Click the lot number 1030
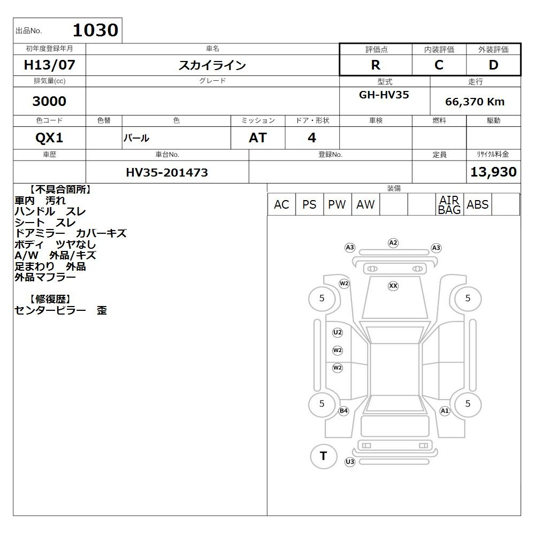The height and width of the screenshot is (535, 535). point(96,30)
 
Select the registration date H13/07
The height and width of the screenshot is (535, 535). point(49,65)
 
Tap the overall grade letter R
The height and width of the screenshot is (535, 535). point(376,65)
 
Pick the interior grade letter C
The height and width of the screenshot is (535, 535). point(439,65)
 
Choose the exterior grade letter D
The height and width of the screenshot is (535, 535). point(493,65)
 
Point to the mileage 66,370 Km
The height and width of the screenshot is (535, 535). point(475,102)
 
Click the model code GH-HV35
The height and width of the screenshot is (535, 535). point(384,95)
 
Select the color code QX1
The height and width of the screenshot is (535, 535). point(49,138)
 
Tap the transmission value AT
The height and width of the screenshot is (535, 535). point(258,138)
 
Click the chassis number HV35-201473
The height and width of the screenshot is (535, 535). point(167,172)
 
